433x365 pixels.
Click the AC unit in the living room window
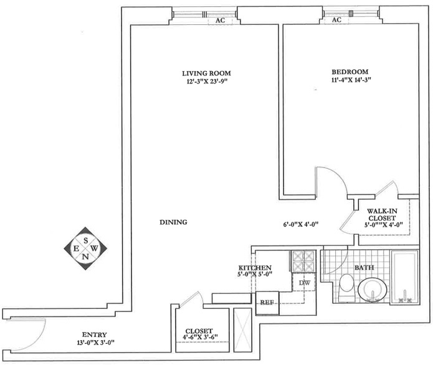click(220, 20)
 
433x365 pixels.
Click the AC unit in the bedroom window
click(337, 20)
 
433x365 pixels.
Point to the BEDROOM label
click(350, 72)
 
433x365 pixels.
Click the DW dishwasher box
click(305, 283)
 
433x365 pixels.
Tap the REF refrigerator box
click(266, 303)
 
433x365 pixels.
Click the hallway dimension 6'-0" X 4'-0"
click(302, 224)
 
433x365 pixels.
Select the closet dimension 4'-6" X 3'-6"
click(198, 339)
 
